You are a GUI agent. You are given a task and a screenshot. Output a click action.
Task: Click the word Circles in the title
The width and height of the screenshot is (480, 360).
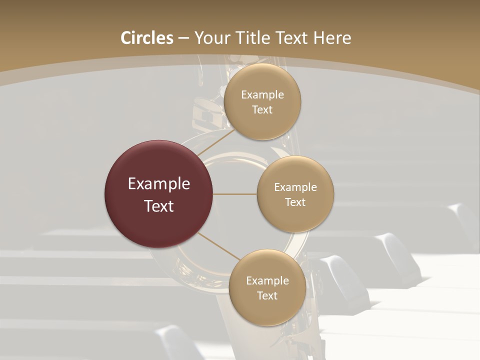147,38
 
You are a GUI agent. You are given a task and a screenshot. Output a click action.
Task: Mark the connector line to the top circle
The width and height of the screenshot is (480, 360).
216,142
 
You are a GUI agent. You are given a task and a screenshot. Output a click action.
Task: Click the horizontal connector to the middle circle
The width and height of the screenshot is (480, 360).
235,194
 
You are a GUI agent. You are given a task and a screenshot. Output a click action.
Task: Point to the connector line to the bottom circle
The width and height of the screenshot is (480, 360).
219,246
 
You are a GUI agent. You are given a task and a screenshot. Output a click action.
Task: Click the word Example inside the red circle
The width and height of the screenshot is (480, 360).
159,184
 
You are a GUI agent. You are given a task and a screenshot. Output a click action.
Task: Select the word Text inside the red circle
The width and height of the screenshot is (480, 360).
159,206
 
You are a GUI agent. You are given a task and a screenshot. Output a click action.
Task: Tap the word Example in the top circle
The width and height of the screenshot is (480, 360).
262,95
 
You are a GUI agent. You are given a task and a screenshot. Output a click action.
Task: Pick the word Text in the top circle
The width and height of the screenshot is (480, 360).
262,110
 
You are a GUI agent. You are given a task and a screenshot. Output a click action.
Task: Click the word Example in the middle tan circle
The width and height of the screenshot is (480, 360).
295,187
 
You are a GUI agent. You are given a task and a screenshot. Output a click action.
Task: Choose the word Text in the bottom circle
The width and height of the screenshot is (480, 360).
267,296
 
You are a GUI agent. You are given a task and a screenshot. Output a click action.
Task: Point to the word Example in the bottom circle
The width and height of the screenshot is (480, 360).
267,281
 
